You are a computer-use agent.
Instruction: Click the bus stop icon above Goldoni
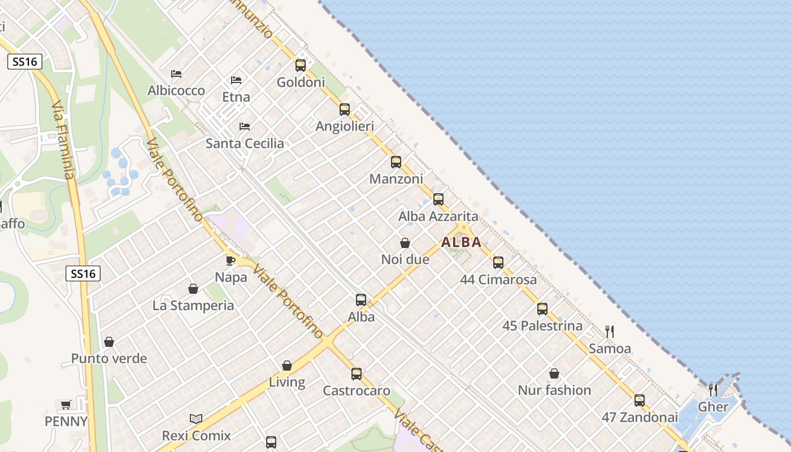(x=301, y=66)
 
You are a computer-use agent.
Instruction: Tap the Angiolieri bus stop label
(x=345, y=127)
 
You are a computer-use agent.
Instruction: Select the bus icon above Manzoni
(x=396, y=163)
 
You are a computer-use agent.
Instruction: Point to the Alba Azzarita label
(x=438, y=216)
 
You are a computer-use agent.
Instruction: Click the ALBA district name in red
(x=461, y=242)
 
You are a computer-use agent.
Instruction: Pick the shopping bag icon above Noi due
(x=405, y=244)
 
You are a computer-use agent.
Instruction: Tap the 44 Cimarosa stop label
(x=498, y=280)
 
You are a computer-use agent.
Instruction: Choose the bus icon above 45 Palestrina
(x=542, y=309)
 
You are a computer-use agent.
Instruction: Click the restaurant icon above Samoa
(x=610, y=331)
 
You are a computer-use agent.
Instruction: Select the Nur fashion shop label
(x=554, y=390)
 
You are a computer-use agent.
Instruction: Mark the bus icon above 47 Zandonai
(x=640, y=401)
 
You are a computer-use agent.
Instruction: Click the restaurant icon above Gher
(x=713, y=389)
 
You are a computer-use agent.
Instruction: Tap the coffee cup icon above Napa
(x=231, y=260)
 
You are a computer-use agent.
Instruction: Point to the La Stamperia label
(x=193, y=306)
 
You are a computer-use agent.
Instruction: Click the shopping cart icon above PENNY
(x=66, y=405)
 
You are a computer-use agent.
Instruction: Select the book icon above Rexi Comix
(x=196, y=419)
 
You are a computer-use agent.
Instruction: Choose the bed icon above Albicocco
(x=176, y=74)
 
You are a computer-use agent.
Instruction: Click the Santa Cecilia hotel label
(x=245, y=144)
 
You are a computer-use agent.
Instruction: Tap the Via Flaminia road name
(x=63, y=140)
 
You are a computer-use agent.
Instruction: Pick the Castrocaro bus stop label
(x=357, y=390)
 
